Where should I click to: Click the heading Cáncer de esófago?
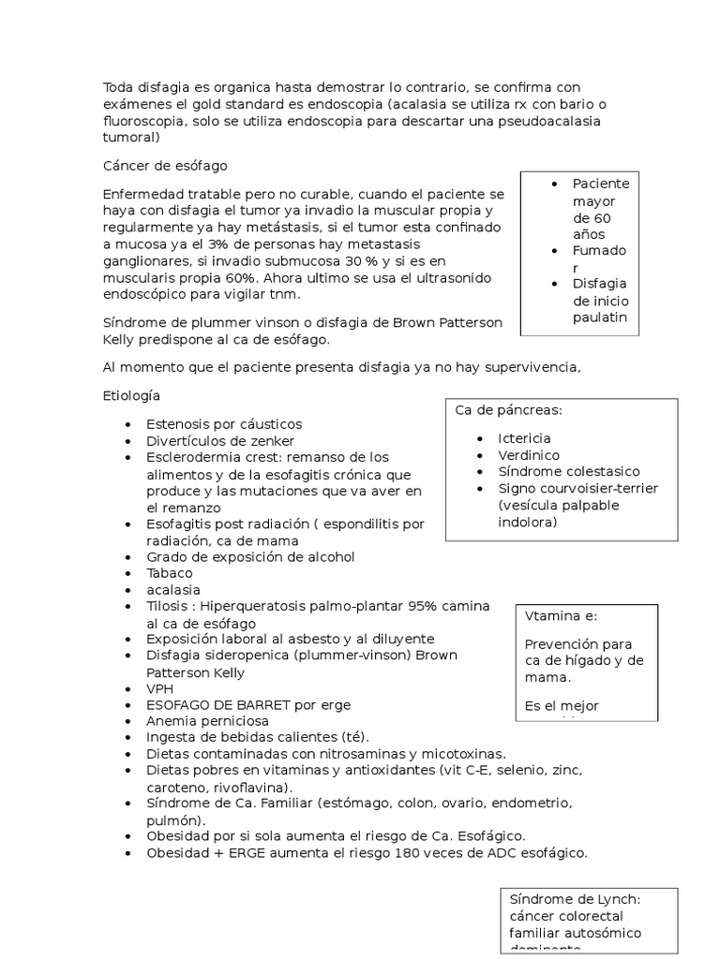(165, 166)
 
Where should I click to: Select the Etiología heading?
(131, 396)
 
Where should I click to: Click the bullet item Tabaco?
(170, 573)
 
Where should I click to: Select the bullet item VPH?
(160, 688)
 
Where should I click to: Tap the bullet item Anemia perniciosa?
(207, 721)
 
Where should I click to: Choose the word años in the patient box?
(589, 234)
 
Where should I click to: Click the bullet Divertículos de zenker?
(220, 440)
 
